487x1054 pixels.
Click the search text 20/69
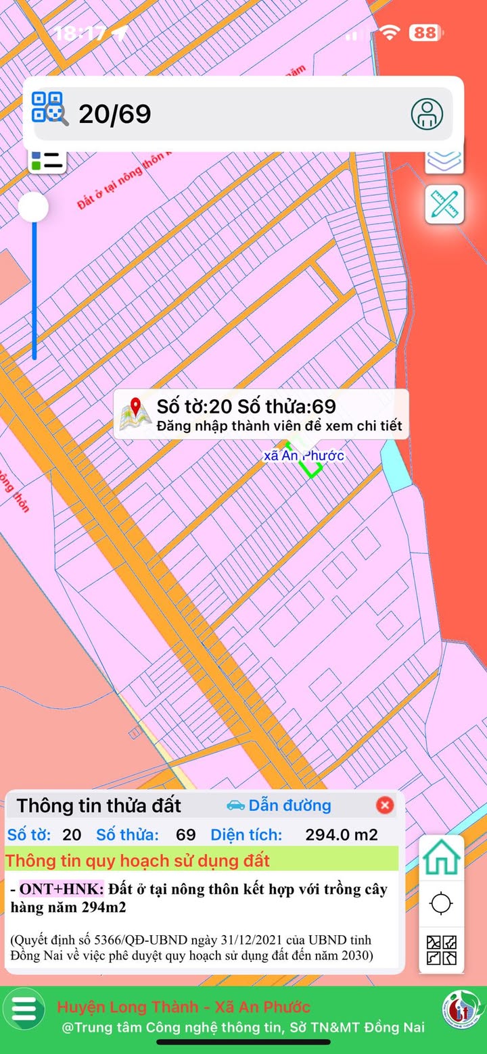click(114, 114)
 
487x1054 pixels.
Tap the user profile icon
click(427, 114)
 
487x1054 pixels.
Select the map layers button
click(444, 159)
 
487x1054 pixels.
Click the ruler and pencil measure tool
click(444, 203)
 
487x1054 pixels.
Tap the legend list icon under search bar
click(47, 161)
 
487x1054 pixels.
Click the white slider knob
click(33, 207)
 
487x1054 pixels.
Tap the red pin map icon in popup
click(135, 414)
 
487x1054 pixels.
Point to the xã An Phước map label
click(304, 455)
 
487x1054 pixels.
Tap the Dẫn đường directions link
click(279, 805)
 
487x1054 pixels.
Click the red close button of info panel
click(385, 805)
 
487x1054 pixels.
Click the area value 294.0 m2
click(342, 834)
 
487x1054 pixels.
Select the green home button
click(442, 858)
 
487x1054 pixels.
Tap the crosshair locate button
click(442, 903)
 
